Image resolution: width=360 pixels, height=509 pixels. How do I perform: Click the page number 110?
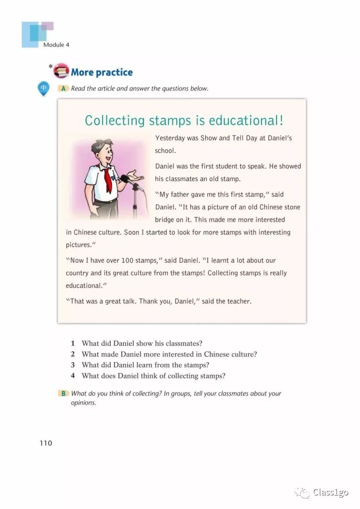[45, 443]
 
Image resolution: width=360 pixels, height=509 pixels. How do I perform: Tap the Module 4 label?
[56, 45]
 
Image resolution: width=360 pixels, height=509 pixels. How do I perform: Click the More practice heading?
[102, 72]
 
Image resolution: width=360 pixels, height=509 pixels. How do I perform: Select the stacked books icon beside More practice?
[61, 71]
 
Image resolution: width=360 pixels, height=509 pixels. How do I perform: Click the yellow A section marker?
[63, 88]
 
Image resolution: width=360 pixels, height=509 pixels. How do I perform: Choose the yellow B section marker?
[63, 393]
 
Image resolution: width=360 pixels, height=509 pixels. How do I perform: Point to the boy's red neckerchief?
[107, 178]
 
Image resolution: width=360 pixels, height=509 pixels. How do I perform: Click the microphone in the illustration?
[125, 178]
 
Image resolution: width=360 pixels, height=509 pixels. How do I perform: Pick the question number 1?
[73, 344]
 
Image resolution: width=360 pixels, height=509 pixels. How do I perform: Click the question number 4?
[73, 376]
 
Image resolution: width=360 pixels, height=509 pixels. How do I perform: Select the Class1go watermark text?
[330, 492]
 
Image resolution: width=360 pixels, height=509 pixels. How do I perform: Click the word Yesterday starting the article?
[170, 138]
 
